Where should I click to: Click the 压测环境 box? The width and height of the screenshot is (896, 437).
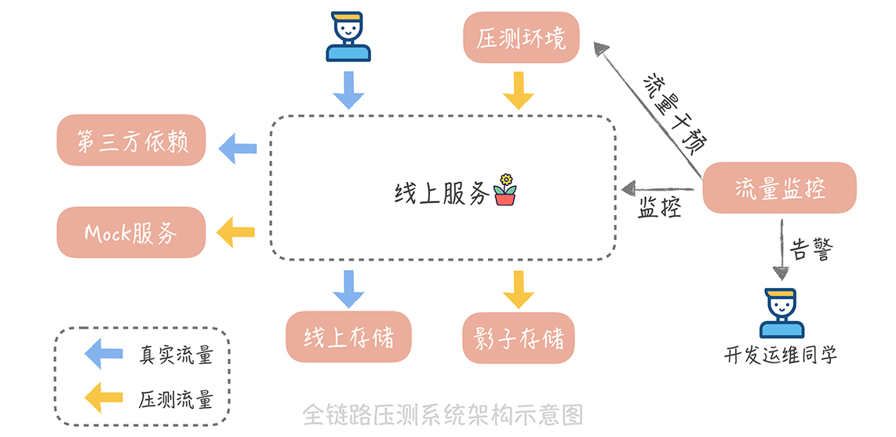tap(521, 38)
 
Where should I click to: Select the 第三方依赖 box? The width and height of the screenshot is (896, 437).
tap(131, 140)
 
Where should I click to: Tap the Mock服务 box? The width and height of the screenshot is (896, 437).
tap(131, 232)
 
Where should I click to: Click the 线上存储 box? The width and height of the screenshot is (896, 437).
tap(348, 337)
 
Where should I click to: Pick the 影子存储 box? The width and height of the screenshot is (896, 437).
tap(519, 337)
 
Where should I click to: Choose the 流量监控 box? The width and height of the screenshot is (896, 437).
tap(779, 188)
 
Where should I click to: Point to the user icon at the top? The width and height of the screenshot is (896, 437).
tap(348, 37)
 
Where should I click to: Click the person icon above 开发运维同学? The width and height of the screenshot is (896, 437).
tap(781, 314)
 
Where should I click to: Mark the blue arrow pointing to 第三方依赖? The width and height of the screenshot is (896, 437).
tap(238, 147)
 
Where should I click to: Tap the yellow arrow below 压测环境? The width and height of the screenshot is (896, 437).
tap(519, 89)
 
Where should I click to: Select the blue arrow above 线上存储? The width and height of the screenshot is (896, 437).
tap(348, 288)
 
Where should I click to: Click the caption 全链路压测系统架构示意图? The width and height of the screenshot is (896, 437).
tap(443, 413)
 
